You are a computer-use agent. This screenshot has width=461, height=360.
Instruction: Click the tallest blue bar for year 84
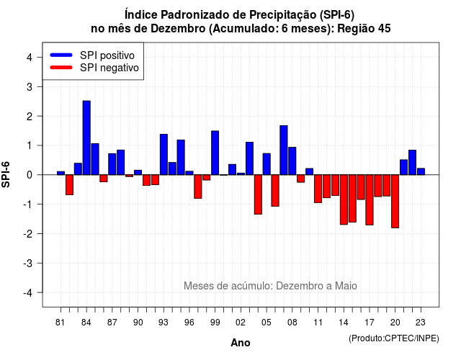tap(86, 138)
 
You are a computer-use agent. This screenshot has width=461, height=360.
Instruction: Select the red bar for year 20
tap(395, 202)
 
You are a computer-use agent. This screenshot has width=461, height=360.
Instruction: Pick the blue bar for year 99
tap(215, 153)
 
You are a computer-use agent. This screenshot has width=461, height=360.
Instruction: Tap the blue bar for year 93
tap(164, 155)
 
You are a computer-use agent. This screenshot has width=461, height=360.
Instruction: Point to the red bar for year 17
tap(370, 200)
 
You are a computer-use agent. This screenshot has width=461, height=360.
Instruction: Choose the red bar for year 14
tap(344, 199)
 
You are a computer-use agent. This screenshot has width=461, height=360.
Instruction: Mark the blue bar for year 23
tap(421, 171)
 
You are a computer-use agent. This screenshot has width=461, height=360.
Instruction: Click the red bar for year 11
tap(318, 189)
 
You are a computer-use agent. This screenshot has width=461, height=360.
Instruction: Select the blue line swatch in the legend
tap(61, 55)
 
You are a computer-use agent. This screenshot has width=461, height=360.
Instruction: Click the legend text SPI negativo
tap(109, 68)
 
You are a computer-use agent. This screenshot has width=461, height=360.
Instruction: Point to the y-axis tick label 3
tap(30, 86)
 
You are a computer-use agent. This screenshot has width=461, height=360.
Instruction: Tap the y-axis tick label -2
tap(27, 233)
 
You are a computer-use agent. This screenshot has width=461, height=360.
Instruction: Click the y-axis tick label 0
tap(30, 175)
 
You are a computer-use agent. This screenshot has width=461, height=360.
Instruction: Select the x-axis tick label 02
tap(241, 323)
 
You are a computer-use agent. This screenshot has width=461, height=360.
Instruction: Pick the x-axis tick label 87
tap(112, 323)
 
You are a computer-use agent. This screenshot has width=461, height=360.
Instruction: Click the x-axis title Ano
tap(240, 343)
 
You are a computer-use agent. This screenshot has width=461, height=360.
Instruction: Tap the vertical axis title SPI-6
tap(6, 174)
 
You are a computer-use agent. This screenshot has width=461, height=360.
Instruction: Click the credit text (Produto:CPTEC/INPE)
tap(394, 338)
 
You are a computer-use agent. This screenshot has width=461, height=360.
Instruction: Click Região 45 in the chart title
tap(364, 29)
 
